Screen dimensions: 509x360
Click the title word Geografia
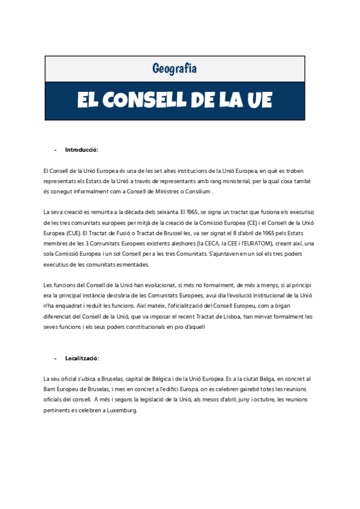click(174, 69)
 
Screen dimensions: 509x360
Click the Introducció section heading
click(82, 149)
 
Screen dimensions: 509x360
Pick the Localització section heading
click(82, 358)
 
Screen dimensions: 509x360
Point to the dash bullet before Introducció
click(55, 149)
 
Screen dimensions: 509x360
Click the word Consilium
click(199, 191)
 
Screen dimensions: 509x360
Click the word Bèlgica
click(164, 379)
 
